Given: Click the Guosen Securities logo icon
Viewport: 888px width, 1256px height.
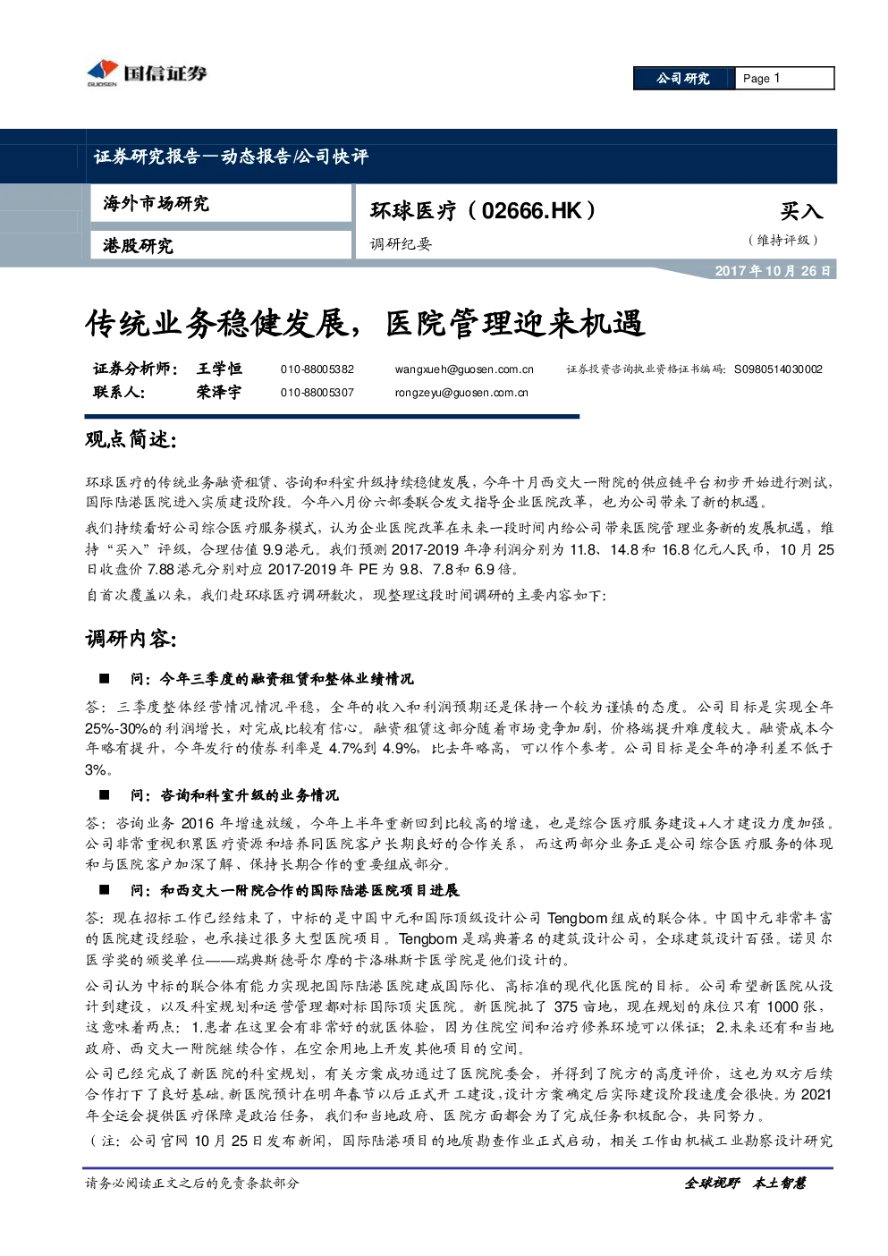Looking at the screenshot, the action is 103,72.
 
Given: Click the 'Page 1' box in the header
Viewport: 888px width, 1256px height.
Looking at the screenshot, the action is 784,79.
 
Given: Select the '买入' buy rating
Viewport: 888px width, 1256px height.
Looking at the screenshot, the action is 801,211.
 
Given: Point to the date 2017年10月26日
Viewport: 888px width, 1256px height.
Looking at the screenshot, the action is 772,271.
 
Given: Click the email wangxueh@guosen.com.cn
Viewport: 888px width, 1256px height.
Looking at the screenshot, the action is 464,369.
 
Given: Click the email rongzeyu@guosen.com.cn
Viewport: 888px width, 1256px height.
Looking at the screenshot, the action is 461,393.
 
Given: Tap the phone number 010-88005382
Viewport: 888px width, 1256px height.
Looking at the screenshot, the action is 317,369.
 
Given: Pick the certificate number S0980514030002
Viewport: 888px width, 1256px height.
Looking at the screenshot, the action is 778,369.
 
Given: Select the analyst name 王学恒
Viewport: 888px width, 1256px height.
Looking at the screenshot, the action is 219,369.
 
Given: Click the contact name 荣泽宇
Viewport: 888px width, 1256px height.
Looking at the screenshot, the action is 218,393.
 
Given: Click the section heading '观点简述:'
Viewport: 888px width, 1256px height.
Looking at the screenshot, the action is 131,440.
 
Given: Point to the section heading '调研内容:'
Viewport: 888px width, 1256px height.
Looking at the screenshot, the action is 131,640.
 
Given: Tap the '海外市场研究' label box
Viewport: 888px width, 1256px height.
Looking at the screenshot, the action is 221,204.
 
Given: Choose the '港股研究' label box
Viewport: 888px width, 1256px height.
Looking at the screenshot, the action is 221,245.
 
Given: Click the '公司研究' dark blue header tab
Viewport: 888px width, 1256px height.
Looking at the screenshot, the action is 684,79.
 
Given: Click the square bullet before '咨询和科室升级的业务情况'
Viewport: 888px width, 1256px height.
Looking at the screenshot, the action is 105,794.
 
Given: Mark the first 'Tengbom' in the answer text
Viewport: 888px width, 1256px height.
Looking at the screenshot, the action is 577,919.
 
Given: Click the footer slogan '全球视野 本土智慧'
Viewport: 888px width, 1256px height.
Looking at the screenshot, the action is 745,1184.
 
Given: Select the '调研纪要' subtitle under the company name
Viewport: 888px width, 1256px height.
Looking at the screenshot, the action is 401,244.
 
